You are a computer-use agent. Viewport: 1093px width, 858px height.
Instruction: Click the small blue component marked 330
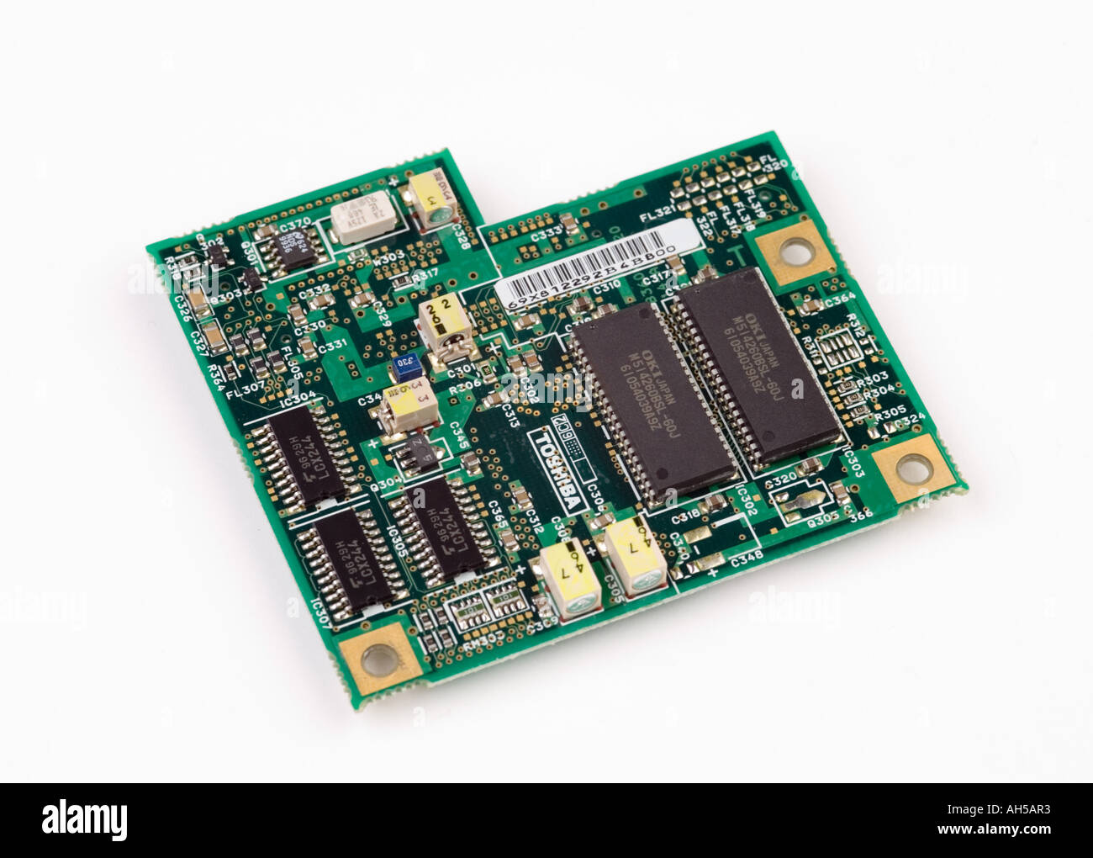point(404,364)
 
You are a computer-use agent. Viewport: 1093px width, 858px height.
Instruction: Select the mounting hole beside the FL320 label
point(791,250)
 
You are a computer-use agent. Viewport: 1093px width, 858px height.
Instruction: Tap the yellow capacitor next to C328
point(431,203)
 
